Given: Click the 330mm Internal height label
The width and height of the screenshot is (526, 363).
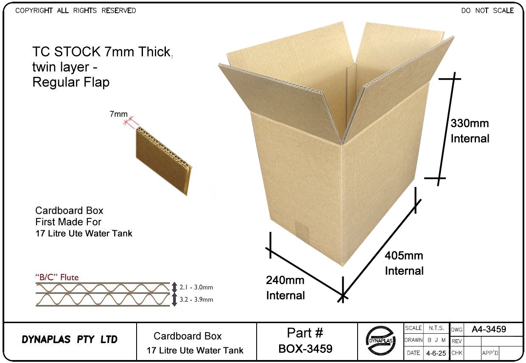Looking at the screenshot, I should pos(470,131).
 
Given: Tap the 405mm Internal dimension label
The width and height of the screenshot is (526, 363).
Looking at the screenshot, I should pos(404,263).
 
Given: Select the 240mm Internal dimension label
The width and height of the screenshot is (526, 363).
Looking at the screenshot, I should pos(285,288).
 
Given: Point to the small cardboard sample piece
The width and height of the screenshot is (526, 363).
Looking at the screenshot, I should pos(163,162).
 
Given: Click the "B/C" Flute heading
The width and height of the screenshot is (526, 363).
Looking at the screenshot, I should pos(57,278).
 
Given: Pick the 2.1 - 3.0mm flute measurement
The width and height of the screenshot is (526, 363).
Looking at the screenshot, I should pos(196,288).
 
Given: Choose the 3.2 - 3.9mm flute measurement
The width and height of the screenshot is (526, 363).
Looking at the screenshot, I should pos(196,300).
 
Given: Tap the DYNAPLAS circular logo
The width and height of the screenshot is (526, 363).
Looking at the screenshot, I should pos(381,341).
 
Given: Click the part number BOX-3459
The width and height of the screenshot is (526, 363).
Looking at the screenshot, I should pos(305,349).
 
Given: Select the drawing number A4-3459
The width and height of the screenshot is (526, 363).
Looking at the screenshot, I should pos(489,329).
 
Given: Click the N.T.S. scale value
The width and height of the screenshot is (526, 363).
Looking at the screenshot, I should pos(436,328).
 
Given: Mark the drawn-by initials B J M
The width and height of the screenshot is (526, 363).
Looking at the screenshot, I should pos(436,340).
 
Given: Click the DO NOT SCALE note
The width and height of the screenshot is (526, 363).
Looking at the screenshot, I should pos(487,11).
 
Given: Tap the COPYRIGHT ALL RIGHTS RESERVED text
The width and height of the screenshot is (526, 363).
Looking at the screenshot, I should pos(76,11).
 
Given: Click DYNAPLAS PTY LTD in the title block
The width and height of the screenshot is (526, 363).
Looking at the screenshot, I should pos(70,340).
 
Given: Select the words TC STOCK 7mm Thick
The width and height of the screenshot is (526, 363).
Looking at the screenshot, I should pos(102,52).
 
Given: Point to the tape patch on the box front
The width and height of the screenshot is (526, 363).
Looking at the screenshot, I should pos(302,231).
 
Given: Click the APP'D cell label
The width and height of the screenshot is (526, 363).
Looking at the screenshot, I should pos(490,353).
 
